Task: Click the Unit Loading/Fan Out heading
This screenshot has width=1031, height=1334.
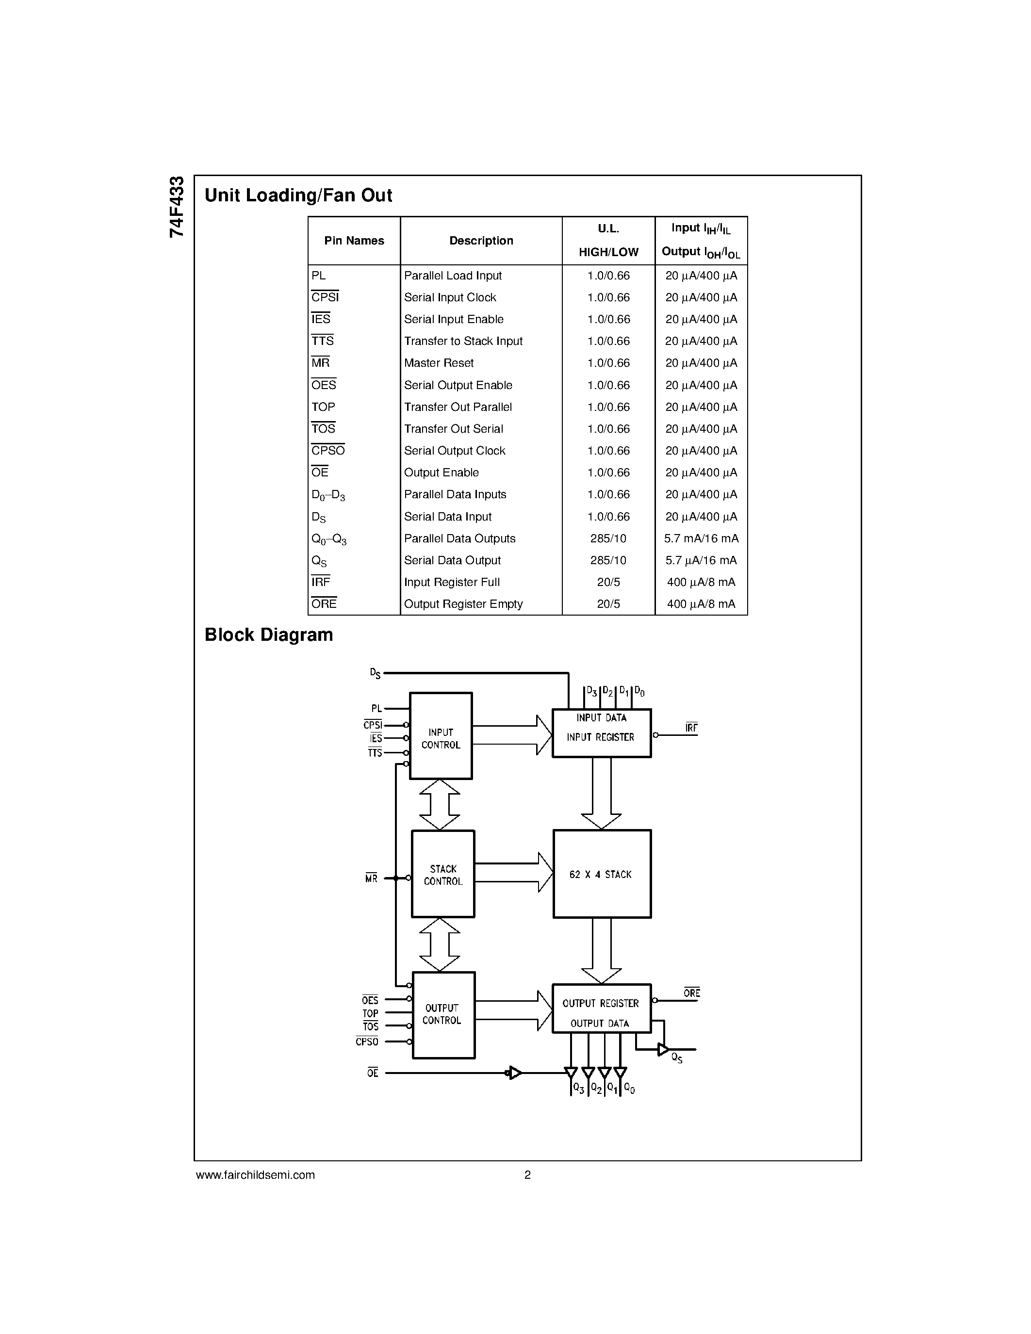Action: point(298,195)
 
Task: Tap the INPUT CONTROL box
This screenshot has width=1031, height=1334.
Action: point(441,736)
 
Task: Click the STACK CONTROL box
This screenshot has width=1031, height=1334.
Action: point(443,874)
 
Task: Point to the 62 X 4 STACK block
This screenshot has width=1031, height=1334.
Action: point(602,874)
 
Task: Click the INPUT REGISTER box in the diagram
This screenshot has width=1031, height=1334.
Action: point(601,733)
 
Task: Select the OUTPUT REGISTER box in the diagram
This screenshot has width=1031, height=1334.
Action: point(601,1009)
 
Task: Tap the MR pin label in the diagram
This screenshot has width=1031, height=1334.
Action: point(371,879)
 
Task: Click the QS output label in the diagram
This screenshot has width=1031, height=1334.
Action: point(677,1058)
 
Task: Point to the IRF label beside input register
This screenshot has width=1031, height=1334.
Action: point(691,728)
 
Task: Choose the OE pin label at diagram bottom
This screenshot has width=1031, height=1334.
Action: point(373,1073)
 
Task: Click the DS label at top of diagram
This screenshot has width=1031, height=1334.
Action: point(375,673)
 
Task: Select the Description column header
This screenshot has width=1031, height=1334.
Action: point(481,241)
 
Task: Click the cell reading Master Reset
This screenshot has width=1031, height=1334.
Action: point(439,363)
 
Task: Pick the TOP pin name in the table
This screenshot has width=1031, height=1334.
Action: point(323,407)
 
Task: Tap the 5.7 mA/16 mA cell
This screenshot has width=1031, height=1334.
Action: point(701,538)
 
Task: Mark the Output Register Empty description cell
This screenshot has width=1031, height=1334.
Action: point(463,603)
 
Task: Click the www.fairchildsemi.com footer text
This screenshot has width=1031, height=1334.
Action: point(255,1174)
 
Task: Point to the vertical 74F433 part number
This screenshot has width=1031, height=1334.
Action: point(177,207)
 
